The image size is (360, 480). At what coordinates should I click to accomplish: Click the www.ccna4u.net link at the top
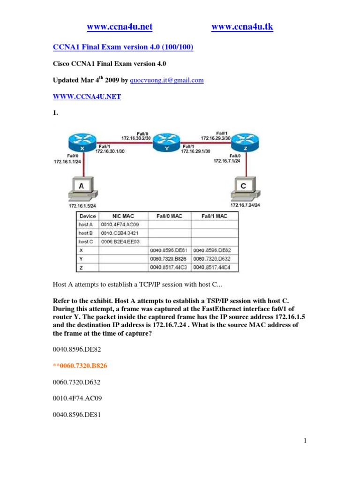click(x=120, y=28)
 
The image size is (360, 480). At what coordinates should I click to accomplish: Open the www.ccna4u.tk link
click(x=242, y=28)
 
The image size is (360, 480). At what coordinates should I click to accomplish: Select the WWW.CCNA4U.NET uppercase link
click(x=86, y=97)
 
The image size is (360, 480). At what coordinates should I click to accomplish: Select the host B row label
click(x=86, y=233)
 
